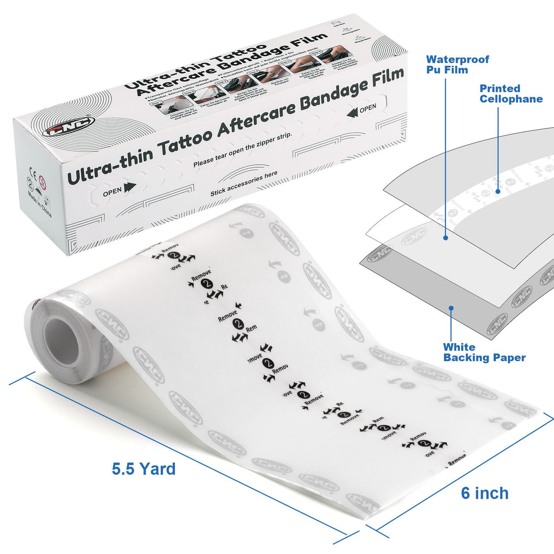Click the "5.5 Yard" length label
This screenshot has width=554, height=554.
[x=144, y=469]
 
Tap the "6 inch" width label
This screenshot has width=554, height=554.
[x=485, y=493]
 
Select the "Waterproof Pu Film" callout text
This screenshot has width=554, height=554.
[x=457, y=65]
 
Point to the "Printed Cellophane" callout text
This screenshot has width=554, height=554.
[x=511, y=94]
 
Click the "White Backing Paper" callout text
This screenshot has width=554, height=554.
[x=484, y=353]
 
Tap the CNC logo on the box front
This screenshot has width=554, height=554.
[x=69, y=126]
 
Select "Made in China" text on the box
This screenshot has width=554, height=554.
[x=39, y=204]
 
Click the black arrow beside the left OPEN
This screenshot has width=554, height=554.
[x=130, y=187]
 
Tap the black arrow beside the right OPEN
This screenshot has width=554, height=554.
[x=351, y=112]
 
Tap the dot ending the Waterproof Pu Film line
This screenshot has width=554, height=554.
[x=445, y=238]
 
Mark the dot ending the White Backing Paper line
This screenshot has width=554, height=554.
[x=451, y=308]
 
